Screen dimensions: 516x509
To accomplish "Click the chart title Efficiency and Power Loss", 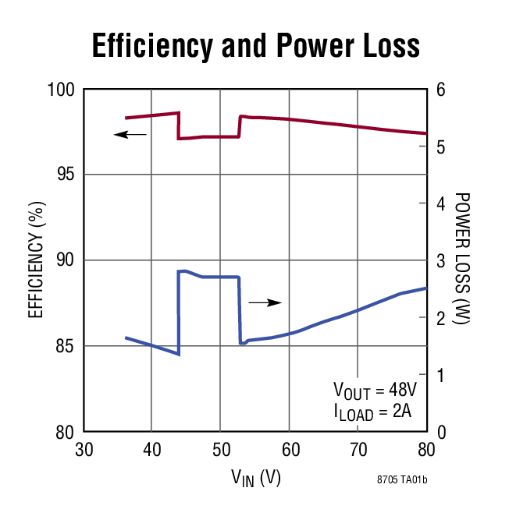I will click(255, 46).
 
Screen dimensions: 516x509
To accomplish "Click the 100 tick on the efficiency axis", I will click(62, 90).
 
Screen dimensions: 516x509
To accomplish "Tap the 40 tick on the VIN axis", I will click(152, 450).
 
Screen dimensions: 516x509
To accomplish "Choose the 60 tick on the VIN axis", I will click(289, 450).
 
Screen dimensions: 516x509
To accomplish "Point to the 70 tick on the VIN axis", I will click(358, 450).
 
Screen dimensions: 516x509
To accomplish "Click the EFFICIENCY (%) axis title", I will click(35, 260).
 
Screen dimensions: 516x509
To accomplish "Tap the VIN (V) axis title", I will click(255, 477).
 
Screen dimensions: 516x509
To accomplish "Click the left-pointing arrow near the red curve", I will click(130, 134).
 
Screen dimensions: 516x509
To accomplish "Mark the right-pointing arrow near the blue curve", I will click(265, 302).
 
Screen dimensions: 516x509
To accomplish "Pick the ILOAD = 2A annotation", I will click(372, 412).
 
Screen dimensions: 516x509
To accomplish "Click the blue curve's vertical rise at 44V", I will click(179, 312).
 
